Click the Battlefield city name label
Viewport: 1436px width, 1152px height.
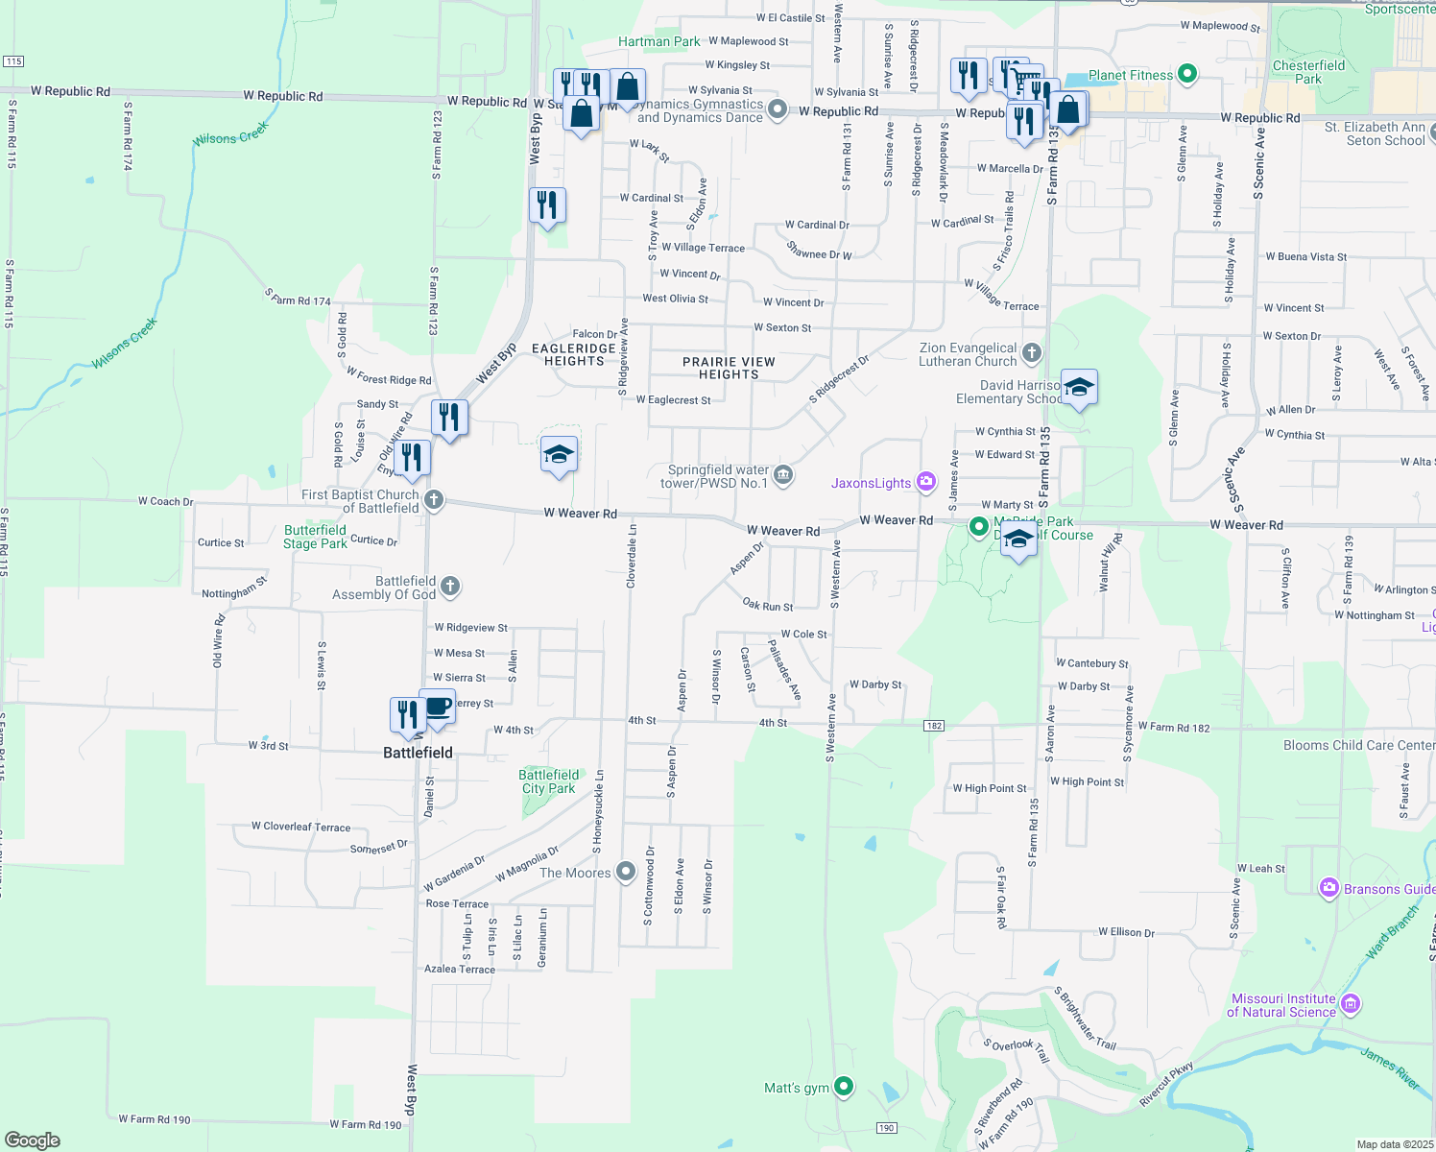[418, 753]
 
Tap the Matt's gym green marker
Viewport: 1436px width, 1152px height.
[844, 1087]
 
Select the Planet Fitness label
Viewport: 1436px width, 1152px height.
[1131, 75]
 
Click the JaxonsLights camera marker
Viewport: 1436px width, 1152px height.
[926, 482]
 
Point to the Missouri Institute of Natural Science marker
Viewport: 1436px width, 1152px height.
[1351, 1004]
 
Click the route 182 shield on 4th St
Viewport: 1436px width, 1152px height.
[934, 726]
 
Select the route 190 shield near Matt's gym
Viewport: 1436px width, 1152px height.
[886, 1128]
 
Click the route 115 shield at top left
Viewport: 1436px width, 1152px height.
[13, 61]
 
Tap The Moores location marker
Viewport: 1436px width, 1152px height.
[626, 872]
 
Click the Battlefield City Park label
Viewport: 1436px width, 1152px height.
[549, 781]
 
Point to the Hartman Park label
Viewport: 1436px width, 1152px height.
[658, 41]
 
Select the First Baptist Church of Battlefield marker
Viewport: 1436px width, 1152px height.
[434, 500]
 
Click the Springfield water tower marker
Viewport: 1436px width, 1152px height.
[783, 475]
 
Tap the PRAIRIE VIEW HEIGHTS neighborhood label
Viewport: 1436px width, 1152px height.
[729, 368]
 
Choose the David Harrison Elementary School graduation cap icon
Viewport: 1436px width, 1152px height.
[1079, 388]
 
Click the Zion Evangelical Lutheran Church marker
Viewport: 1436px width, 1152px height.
[1032, 353]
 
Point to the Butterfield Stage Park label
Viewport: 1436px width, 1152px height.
[315, 537]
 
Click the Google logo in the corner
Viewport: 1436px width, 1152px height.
[32, 1140]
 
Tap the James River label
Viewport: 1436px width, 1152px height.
[1389, 1068]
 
